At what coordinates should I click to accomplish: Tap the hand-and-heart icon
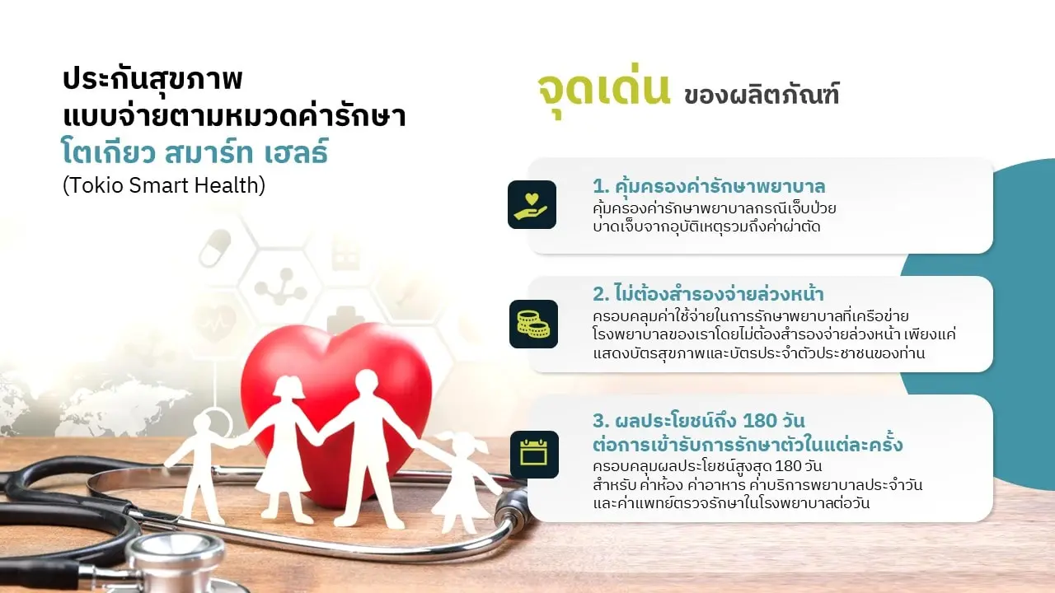coord(532,205)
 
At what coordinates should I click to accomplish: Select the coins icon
coord(533,324)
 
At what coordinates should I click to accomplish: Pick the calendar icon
coord(534,454)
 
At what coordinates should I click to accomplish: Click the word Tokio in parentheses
coord(95,185)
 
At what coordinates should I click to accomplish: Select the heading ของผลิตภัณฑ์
coord(761,95)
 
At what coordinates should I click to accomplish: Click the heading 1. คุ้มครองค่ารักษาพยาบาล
coord(709,186)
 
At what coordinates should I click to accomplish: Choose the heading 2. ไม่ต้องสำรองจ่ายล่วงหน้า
coord(708,294)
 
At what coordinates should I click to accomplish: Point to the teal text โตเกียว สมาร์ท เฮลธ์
coord(195,152)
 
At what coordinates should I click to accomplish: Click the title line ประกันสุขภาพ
coord(152,78)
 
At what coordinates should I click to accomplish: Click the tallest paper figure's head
coord(367,385)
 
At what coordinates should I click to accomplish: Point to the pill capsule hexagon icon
coord(215,248)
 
